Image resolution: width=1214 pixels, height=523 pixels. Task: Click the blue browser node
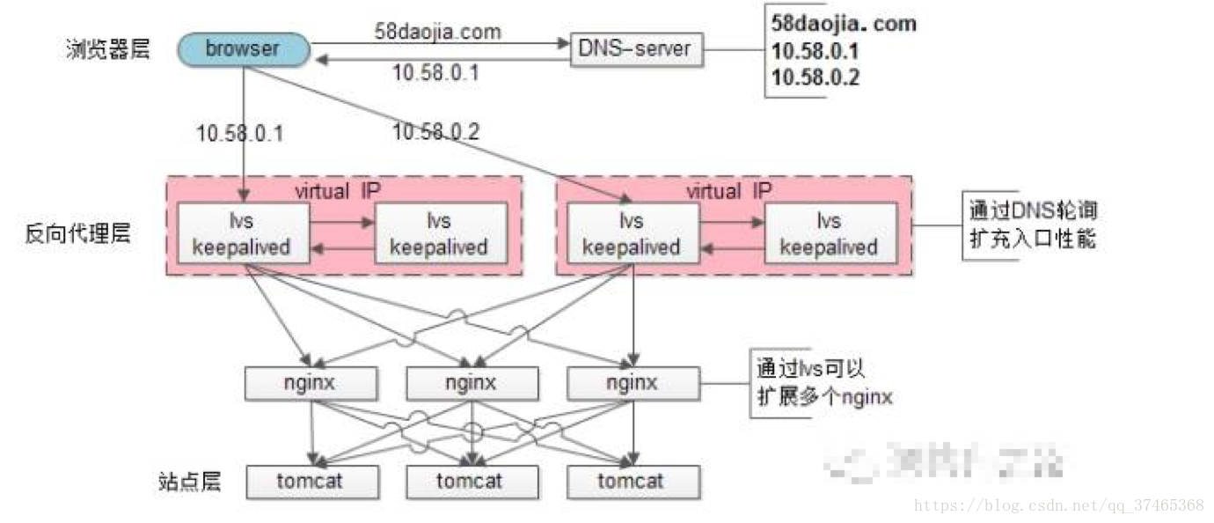click(242, 48)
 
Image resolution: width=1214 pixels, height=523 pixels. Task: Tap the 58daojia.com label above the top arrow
click(437, 32)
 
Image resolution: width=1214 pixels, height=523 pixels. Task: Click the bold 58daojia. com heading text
click(844, 23)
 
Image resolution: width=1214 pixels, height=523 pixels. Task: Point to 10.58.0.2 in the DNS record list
click(815, 77)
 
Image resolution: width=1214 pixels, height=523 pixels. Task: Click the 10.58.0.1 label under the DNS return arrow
click(435, 72)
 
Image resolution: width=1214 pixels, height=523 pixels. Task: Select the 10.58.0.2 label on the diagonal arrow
click(436, 132)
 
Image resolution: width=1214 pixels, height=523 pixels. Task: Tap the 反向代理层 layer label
click(78, 233)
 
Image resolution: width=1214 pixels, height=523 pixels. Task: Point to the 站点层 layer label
click(186, 481)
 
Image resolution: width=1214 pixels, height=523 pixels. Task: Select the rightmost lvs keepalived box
click(830, 233)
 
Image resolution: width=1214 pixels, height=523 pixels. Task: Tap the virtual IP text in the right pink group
click(729, 190)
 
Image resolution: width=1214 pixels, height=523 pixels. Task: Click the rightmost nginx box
click(633, 383)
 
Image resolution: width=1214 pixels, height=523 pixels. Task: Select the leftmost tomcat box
click(312, 481)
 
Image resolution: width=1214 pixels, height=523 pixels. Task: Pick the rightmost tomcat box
click(633, 481)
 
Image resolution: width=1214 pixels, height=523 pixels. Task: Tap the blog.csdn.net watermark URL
click(1059, 505)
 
